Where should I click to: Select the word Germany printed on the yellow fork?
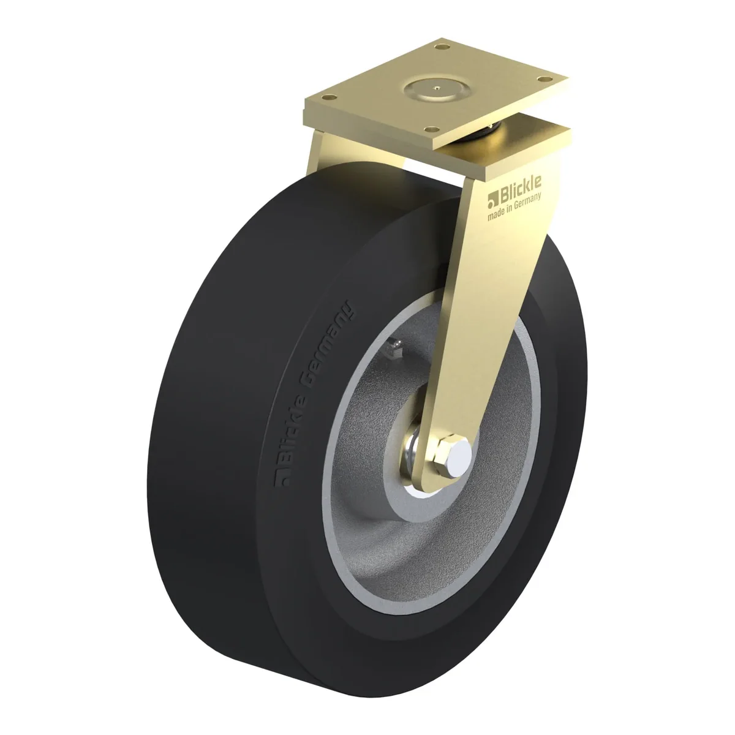tap(528, 203)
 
